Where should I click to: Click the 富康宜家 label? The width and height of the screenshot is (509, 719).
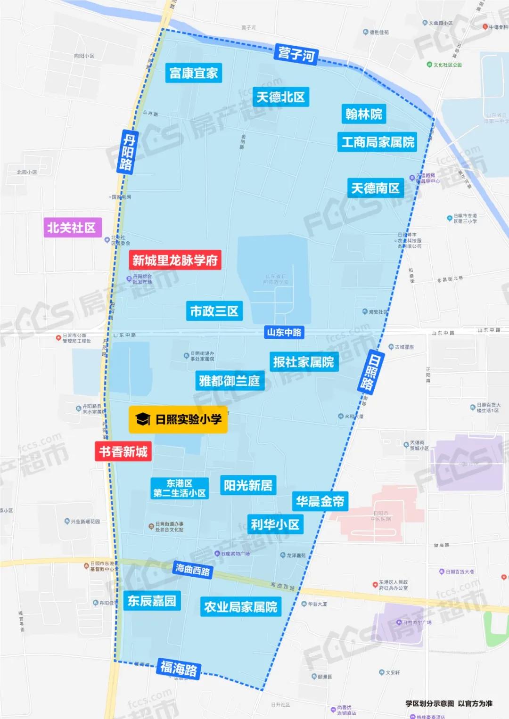tap(193, 73)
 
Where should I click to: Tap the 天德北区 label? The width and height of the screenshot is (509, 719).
tap(280, 97)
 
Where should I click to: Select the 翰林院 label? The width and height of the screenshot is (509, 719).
tap(363, 114)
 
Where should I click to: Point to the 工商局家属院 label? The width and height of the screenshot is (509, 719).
tap(378, 142)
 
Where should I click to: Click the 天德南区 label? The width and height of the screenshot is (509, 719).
tap(375, 188)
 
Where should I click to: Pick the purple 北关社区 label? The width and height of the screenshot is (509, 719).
tap(72, 228)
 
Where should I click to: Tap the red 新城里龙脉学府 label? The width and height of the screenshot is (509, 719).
tap(175, 260)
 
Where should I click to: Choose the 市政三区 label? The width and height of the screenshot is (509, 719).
tap(214, 311)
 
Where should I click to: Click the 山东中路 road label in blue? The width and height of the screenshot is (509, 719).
tap(284, 332)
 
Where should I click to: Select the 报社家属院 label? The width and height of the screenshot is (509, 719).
tap(304, 362)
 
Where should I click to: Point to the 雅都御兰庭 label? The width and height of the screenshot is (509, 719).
tap(230, 381)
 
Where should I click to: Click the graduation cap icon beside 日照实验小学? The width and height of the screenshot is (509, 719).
tap(142, 419)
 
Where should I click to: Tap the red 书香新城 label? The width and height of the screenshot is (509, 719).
tap(123, 452)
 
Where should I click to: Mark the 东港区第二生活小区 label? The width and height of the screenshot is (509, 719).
tap(179, 489)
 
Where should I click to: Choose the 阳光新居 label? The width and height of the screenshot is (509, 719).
tap(248, 485)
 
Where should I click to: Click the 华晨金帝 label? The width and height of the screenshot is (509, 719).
tap(320, 501)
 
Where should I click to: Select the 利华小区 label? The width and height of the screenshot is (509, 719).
tap(275, 524)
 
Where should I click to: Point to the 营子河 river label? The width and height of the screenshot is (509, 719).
tap(296, 54)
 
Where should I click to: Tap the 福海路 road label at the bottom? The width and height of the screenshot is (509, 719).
tap(179, 669)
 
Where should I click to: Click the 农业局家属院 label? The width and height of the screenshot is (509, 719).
tap(240, 607)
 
